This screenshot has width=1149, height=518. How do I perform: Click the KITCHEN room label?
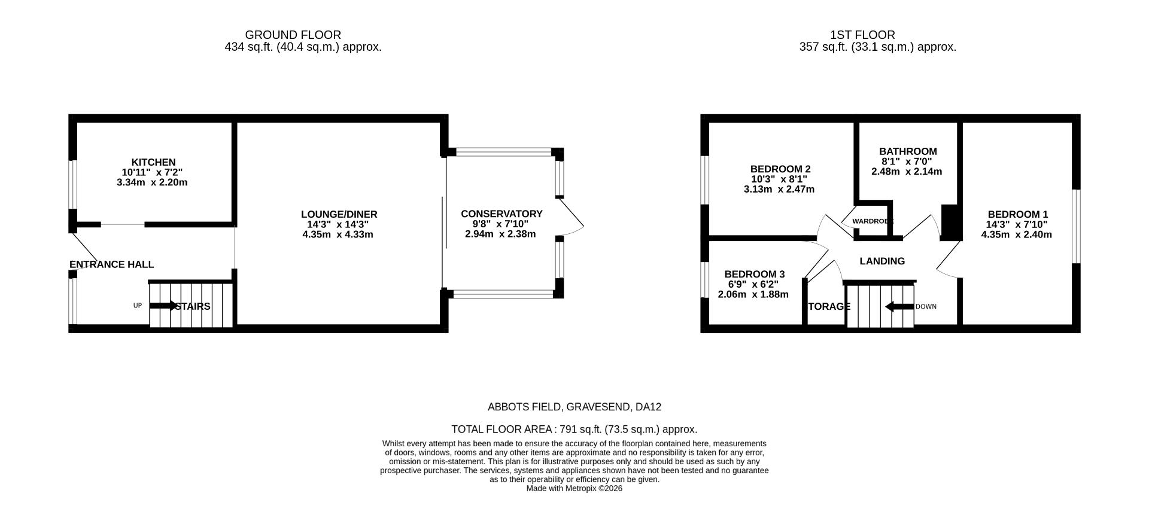click(153, 162)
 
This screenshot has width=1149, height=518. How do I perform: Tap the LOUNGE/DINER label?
click(339, 214)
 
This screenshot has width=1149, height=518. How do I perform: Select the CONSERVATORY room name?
click(501, 214)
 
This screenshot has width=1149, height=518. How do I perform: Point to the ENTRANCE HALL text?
click(111, 264)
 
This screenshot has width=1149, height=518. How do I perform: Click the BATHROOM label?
click(908, 151)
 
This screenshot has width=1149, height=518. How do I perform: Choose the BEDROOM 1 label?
click(1017, 214)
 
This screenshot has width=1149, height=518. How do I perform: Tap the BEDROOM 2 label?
click(780, 169)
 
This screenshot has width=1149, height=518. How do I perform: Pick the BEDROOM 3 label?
click(754, 274)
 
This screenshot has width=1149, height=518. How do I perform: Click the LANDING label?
click(882, 261)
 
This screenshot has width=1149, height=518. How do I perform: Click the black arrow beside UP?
click(163, 306)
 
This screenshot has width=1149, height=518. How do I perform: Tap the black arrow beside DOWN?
click(899, 307)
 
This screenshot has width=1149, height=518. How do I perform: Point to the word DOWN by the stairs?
click(926, 307)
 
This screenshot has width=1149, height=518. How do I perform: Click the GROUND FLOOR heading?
click(293, 35)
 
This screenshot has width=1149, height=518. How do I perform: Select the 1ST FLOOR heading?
click(862, 35)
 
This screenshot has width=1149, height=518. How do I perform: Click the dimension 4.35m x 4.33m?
click(338, 234)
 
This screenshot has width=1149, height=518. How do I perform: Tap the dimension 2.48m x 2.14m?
click(906, 172)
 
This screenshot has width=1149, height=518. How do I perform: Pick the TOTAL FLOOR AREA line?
click(574, 429)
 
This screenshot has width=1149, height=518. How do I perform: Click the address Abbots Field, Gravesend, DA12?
click(574, 407)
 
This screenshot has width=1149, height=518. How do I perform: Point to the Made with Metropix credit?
click(574, 488)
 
